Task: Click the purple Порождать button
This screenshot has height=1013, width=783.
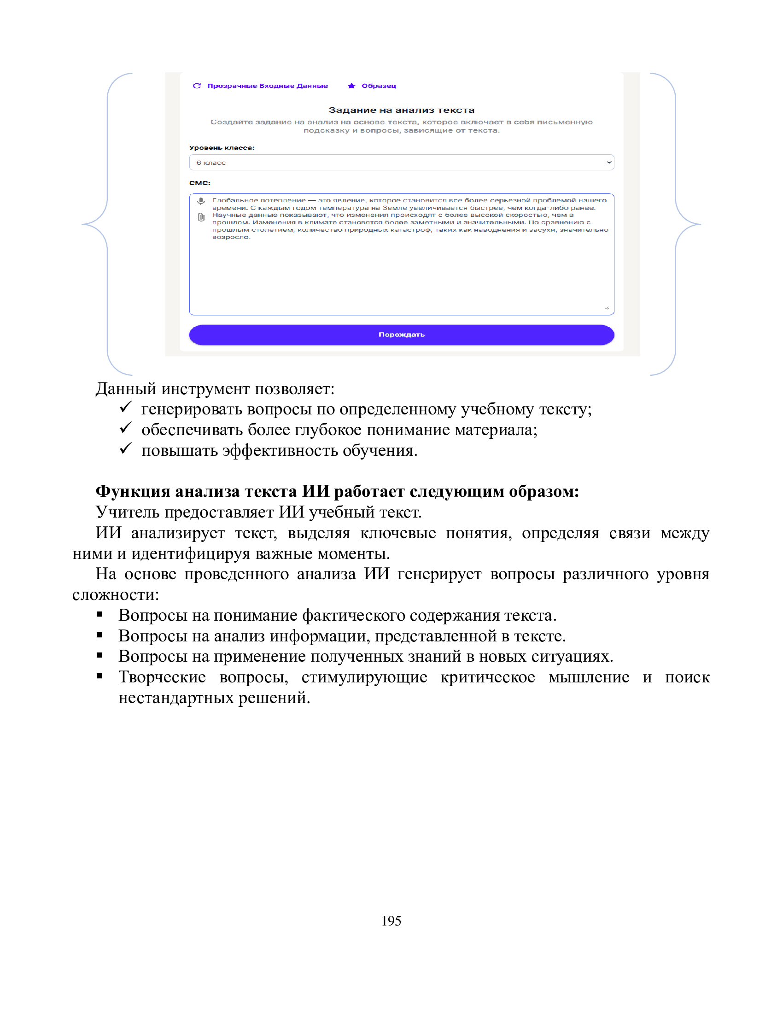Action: pos(401,334)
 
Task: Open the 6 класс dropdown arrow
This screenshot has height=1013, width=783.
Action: pos(608,163)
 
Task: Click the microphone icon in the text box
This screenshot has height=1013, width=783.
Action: pos(201,201)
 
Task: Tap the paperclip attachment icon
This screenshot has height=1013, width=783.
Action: pos(201,217)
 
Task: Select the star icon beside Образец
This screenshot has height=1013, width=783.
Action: pos(351,86)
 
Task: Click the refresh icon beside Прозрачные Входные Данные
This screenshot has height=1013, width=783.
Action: pos(197,86)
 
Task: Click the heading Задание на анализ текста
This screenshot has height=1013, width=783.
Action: pos(401,110)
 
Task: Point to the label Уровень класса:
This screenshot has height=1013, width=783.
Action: pos(221,147)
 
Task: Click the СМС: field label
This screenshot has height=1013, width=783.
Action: pos(199,183)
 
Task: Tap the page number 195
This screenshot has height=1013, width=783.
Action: pos(391,921)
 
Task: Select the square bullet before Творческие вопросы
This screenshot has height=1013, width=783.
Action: pos(99,676)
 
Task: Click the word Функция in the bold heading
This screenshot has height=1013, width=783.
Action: pos(133,491)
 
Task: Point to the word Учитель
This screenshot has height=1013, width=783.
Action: pos(128,512)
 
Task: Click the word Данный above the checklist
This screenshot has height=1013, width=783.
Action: pos(126,389)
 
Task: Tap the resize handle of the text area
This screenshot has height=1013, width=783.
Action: pos(607,308)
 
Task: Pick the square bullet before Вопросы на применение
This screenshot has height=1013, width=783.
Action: pos(99,656)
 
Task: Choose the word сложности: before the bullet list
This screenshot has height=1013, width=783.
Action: pos(116,594)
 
